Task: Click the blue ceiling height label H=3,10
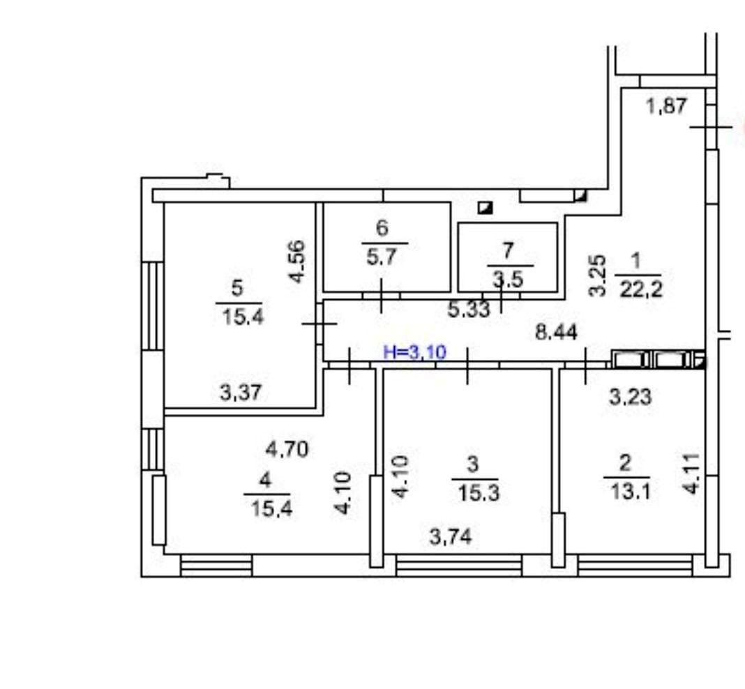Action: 415,352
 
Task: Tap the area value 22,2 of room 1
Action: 641,289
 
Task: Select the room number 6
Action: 382,228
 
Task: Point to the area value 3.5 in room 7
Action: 508,280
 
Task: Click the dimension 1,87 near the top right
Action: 667,105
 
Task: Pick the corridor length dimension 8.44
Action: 557,332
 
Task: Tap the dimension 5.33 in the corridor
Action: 469,310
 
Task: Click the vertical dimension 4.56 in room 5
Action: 296,262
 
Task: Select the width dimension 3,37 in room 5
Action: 241,393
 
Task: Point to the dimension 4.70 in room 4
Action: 287,448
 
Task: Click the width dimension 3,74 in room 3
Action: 451,537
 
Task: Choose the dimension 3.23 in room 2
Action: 631,397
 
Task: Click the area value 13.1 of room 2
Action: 630,492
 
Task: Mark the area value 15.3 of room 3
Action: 479,493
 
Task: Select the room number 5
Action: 237,288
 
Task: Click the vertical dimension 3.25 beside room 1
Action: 599,276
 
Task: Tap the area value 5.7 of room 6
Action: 382,257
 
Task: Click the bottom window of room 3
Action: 459,566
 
